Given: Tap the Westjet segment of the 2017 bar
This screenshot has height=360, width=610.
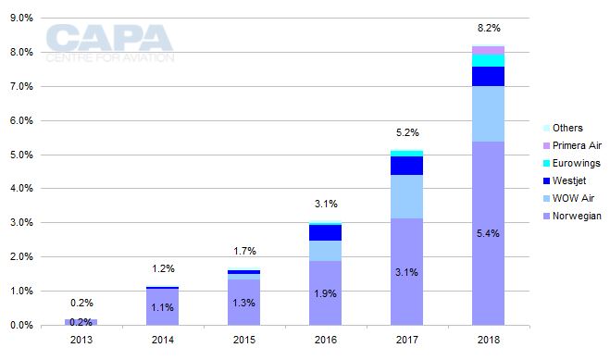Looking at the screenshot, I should tap(406, 166).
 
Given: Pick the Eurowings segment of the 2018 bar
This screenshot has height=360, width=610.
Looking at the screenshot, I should tap(488, 60).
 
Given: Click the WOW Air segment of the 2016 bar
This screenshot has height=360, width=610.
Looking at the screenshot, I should tap(325, 251).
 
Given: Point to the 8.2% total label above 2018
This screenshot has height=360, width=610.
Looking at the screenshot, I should tap(488, 29).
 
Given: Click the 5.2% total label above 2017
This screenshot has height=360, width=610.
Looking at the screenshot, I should tap(406, 132).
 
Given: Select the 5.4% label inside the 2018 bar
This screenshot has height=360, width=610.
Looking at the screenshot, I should tap(488, 233).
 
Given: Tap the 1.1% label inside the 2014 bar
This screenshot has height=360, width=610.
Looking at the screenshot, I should tap(163, 307).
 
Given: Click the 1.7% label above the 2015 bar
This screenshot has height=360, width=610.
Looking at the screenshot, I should tap(244, 251).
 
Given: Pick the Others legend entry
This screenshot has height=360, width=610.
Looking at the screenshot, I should tap(569, 128).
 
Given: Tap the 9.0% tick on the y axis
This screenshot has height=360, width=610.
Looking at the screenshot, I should tap(20, 18).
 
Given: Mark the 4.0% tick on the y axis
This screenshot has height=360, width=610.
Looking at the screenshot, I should tap(20, 189).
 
